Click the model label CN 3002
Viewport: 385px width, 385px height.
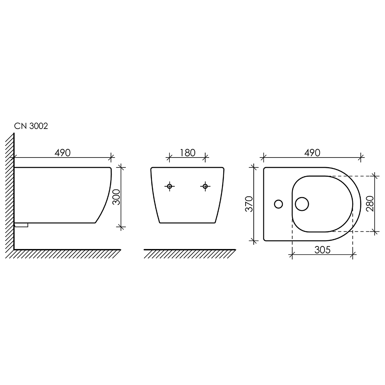(x=31, y=126)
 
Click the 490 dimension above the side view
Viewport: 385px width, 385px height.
(x=63, y=153)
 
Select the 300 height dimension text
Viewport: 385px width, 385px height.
(x=116, y=197)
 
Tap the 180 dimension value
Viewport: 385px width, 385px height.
(x=187, y=153)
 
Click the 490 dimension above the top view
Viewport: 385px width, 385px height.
(x=312, y=153)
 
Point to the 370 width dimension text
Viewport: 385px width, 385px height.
(x=249, y=204)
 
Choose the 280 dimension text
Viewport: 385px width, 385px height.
(x=370, y=204)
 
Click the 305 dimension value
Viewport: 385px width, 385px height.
(x=322, y=250)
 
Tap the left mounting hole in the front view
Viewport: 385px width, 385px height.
(x=169, y=186)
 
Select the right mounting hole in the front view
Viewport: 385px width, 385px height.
(x=205, y=186)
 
